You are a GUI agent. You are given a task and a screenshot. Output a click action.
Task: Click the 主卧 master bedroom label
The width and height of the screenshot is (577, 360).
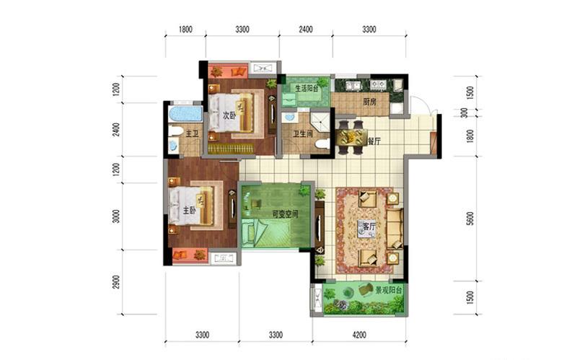point(189,211)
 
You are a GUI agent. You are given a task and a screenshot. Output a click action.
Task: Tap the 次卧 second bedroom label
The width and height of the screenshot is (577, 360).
point(229,115)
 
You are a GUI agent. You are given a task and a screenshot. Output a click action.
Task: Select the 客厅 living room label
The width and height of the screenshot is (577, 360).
point(369,227)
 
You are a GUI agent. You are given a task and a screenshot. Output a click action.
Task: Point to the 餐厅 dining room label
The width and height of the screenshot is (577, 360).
point(374,141)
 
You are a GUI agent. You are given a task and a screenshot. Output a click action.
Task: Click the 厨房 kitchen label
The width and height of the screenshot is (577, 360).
point(369,102)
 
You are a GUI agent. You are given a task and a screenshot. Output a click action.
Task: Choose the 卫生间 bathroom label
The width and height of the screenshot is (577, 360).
point(302,133)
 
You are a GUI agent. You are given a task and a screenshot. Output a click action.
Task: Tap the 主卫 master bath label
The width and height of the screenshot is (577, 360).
point(192,133)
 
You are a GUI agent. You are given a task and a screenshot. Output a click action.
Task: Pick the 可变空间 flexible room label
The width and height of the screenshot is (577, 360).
point(285,214)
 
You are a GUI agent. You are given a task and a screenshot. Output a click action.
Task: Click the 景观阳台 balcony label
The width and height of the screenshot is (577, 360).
point(388,291)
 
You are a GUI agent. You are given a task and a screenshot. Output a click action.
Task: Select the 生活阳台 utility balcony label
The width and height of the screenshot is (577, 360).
point(307,88)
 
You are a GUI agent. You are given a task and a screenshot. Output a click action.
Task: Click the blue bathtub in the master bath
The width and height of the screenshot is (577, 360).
point(185,114)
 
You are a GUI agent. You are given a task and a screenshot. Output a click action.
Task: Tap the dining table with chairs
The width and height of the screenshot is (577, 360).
point(351,137)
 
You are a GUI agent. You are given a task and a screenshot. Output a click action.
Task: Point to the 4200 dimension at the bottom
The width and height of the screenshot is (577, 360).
point(359,335)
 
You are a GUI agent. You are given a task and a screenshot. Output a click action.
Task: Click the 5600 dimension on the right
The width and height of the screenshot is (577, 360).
point(470,219)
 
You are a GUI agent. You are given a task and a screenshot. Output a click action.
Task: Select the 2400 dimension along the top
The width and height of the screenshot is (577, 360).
point(305,30)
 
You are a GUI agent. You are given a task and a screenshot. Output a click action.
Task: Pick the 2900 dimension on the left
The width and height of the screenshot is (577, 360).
point(116,282)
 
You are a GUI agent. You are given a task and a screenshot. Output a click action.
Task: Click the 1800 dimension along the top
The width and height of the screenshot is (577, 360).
point(185,30)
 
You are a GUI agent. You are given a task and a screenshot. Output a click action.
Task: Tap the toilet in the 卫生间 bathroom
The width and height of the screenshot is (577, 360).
point(322,144)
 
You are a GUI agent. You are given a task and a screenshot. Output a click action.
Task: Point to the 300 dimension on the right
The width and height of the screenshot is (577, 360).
point(464,113)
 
